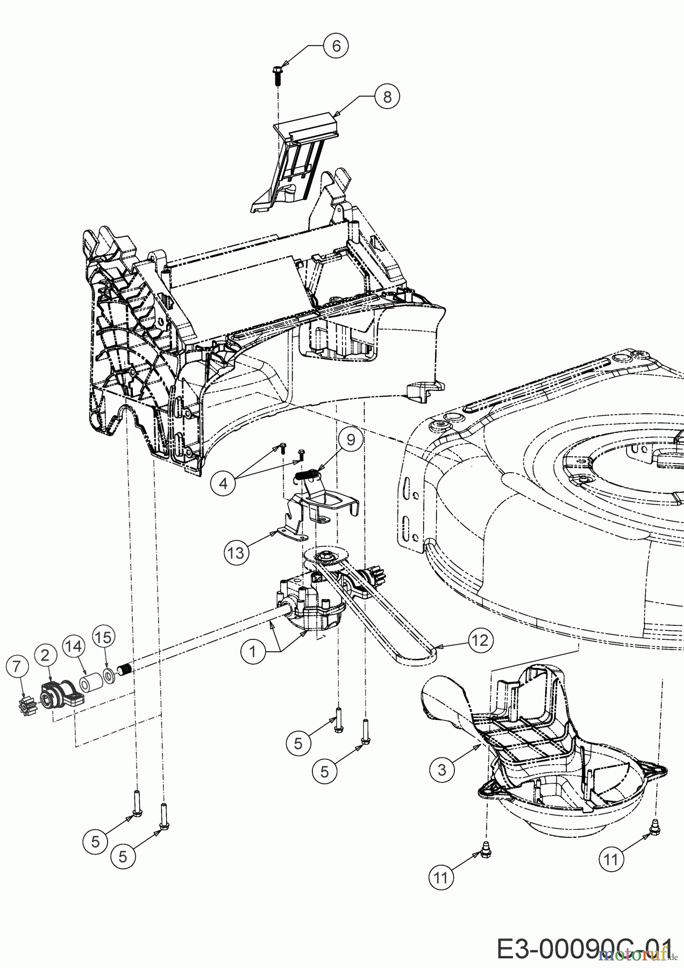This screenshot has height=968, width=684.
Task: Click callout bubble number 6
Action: (x=336, y=46)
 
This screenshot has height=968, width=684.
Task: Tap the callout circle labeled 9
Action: (x=351, y=440)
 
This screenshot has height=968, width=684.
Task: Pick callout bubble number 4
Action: (x=223, y=483)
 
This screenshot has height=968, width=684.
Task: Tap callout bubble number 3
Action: (x=442, y=770)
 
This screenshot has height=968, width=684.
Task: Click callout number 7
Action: (x=17, y=667)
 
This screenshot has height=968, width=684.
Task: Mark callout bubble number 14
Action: (x=74, y=646)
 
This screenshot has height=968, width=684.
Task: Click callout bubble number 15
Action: (x=103, y=637)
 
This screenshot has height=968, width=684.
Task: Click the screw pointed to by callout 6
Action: (x=278, y=74)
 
